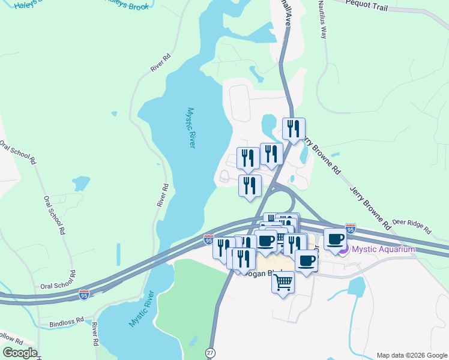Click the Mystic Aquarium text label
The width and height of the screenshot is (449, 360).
(384, 249)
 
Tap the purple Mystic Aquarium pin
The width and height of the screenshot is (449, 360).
(343, 249)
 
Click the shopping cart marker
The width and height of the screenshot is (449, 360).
(283, 281)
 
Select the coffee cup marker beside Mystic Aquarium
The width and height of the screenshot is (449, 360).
(335, 239)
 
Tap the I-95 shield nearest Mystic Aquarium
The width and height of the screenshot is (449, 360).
(351, 229)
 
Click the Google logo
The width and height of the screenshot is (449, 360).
(20, 353)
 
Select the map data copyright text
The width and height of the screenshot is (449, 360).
(412, 355)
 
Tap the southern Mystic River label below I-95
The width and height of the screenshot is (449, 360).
(141, 309)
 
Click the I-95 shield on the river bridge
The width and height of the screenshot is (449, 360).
(208, 240)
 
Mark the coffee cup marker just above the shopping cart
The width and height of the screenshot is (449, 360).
(306, 260)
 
